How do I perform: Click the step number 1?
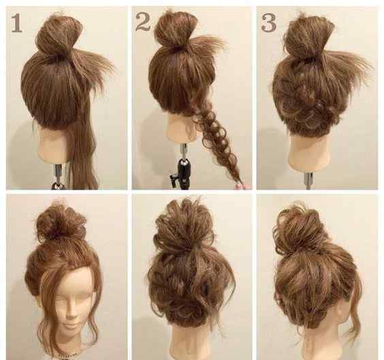pos(16,23)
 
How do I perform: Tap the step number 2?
pos(142,22)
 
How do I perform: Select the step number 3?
pos(269,22)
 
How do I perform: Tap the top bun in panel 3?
pos(308,36)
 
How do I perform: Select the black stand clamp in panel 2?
pos(181,173)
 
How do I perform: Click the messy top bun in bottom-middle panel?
pos(184,223)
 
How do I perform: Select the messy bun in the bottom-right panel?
pos(302,227)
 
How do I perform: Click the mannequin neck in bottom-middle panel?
pos(189,342)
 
